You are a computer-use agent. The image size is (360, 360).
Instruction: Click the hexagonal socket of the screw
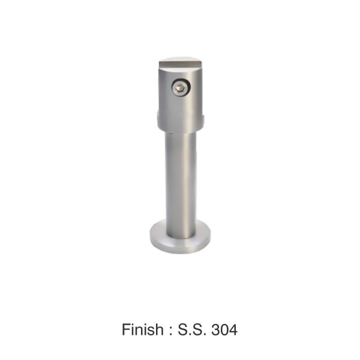point(180,88)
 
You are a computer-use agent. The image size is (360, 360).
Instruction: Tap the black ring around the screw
point(181,80)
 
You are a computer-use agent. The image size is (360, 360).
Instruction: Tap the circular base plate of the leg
point(180,244)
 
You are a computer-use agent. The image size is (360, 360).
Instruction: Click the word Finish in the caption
point(143,329)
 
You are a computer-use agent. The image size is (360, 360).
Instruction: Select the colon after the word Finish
point(170,331)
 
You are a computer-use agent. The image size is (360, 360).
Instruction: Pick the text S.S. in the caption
point(192,329)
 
